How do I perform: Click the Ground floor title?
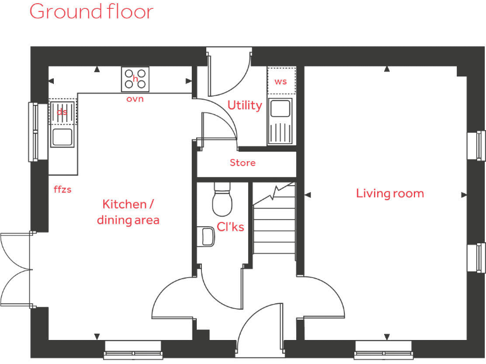coord(91,11)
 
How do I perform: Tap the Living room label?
coord(390,193)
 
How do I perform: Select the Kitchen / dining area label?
coord(128,212)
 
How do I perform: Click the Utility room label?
coord(244,106)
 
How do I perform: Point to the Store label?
coord(242,163)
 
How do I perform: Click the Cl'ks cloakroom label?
coord(230,227)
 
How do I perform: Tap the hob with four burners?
coord(135,80)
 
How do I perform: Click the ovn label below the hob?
coord(135,99)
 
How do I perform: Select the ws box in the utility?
coord(280,82)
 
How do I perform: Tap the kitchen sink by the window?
coord(62,136)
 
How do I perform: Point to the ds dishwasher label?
coord(62,112)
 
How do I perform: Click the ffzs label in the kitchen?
coord(63,188)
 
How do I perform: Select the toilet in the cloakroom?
coord(223,199)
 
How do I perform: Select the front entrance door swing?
coord(259,325)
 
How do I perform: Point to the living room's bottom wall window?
coord(383,349)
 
